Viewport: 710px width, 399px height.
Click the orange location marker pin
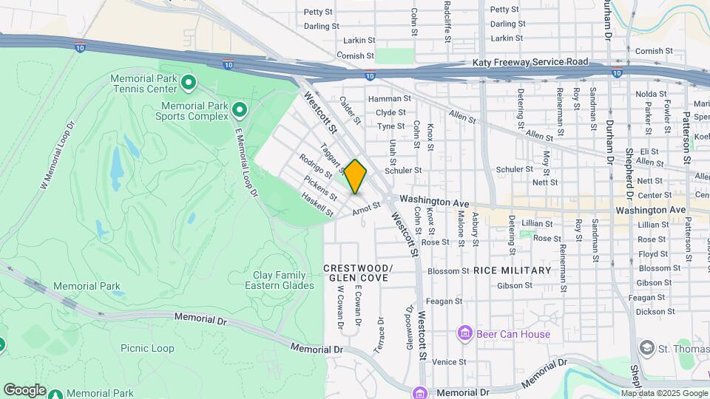(x=355, y=177)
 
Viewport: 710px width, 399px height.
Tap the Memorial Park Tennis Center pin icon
(x=189, y=83)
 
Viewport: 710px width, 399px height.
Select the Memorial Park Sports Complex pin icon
(x=239, y=111)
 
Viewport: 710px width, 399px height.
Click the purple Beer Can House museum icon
(x=464, y=334)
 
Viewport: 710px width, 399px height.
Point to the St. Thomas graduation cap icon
(x=646, y=348)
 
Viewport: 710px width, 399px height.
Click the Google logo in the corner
(x=24, y=390)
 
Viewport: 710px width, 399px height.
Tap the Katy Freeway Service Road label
(x=530, y=62)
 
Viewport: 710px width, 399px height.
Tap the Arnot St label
(x=366, y=209)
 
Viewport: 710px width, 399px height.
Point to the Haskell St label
(x=317, y=205)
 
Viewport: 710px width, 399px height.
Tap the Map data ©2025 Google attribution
(x=664, y=393)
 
